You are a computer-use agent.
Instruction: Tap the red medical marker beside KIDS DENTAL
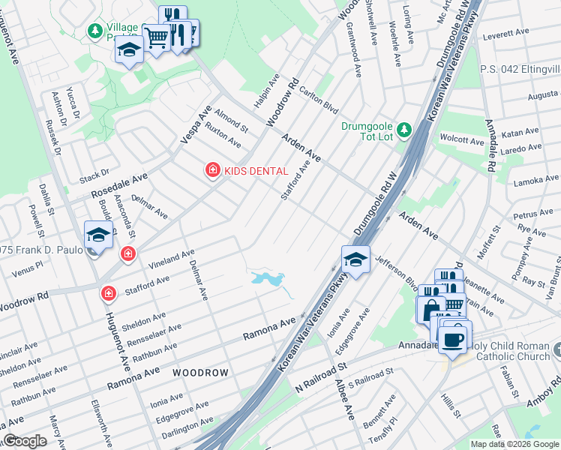tap(213, 171)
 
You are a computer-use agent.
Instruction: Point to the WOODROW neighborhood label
tap(199, 372)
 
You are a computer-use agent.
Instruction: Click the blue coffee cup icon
tap(452, 340)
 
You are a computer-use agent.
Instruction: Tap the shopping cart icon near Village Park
tap(156, 36)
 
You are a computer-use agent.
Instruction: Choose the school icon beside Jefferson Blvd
tap(355, 259)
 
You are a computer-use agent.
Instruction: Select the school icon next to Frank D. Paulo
tap(98, 235)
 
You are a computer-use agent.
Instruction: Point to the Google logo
tap(25, 441)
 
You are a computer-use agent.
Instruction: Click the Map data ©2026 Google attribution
tap(514, 444)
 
